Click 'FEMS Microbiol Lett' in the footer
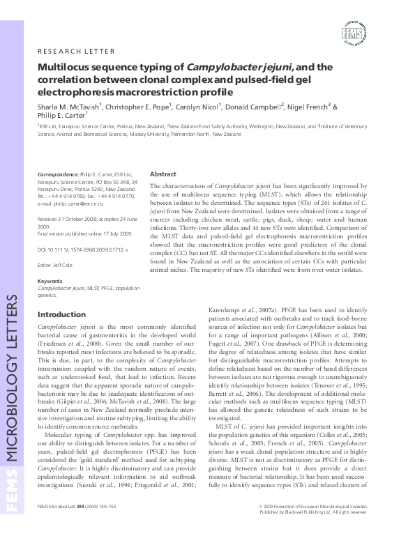pos(59,528)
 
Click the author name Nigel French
pos(310,107)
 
